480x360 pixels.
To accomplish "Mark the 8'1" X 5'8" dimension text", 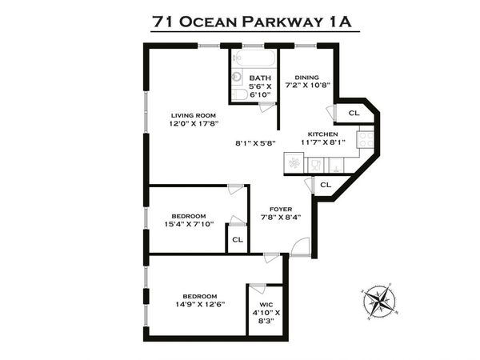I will point(256,144).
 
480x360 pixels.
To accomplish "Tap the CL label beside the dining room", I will point(353,113).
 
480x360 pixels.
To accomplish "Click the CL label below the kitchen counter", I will point(326,185).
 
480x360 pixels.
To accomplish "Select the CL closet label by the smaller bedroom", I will point(237,239).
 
